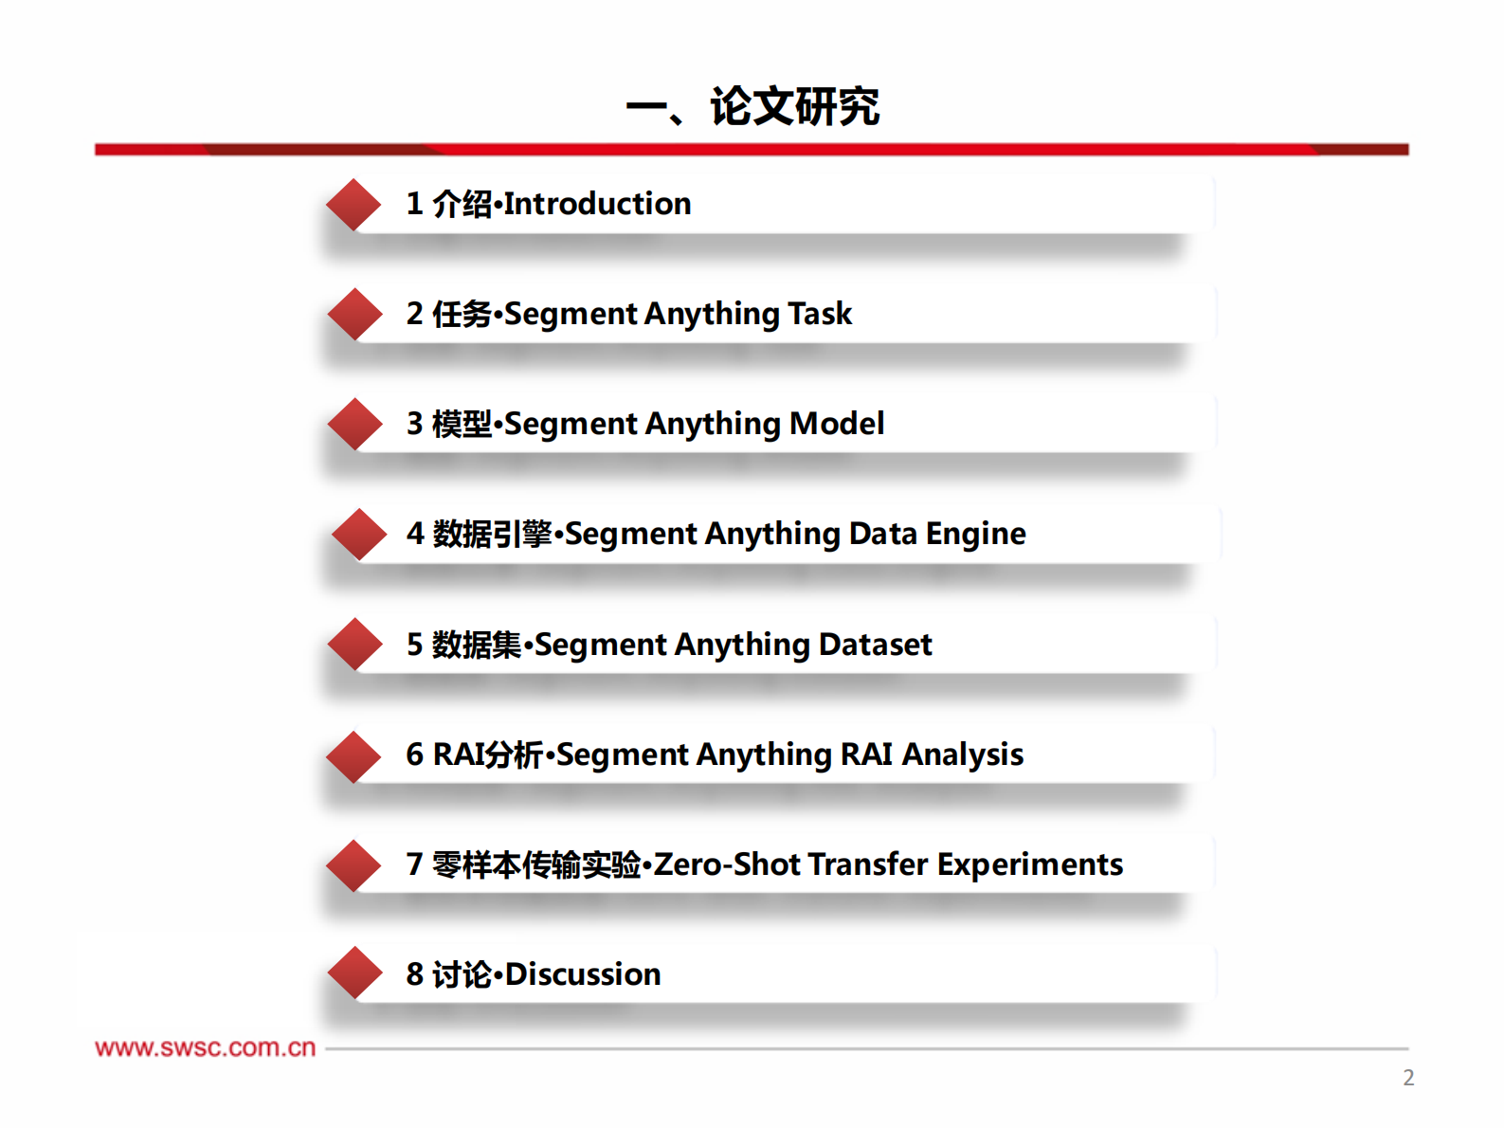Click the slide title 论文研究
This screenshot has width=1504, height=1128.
(794, 106)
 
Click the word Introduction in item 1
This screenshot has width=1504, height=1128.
(597, 204)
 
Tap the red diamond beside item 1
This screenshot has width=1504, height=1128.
(353, 204)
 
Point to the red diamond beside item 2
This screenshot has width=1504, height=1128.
(354, 314)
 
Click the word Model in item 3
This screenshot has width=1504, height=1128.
(837, 424)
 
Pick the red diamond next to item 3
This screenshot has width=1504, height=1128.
(354, 424)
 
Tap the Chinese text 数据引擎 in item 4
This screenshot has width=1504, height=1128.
(492, 535)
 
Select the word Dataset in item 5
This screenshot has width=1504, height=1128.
(875, 645)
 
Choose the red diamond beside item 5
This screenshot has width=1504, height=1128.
(354, 645)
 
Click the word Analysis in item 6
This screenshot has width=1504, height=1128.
(962, 755)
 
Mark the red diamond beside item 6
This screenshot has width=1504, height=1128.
(353, 756)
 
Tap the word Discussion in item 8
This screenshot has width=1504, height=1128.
(583, 974)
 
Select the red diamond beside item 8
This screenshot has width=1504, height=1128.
(354, 973)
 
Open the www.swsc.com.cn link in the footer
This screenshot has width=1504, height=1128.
(205, 1047)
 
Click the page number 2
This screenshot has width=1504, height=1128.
(1408, 1078)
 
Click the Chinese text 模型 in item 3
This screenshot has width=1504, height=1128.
(462, 424)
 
